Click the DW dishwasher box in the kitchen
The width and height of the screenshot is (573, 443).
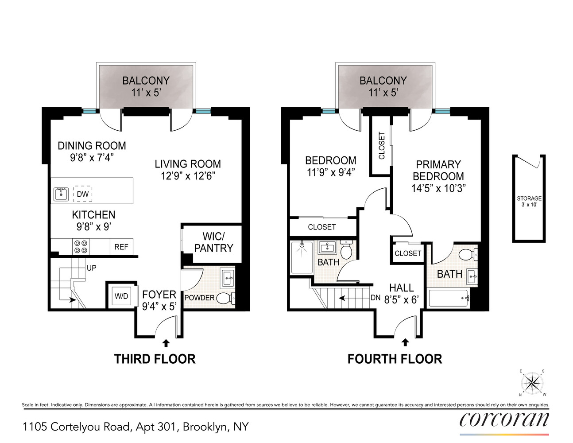82,194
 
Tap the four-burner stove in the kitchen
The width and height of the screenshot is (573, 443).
81,247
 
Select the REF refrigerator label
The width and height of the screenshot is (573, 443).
121,247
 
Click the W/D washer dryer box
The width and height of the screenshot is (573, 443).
121,296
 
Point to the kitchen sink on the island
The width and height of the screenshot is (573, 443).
61,194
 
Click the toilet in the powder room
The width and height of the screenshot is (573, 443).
225,298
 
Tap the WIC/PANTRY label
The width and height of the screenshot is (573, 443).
213,242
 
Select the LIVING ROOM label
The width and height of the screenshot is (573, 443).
187,164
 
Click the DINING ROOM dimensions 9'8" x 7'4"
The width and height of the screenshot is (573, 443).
92,158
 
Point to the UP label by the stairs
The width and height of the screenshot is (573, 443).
91,268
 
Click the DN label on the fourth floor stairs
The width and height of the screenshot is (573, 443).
375,298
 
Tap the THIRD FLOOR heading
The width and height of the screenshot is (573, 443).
155,359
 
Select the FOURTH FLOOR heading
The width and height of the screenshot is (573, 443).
395,359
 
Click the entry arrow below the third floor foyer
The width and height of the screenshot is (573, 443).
166,343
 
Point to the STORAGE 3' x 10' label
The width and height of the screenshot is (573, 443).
529,201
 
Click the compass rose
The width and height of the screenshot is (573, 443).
532,383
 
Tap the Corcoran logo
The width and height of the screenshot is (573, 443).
504,419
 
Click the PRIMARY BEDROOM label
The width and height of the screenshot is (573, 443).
438,170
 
